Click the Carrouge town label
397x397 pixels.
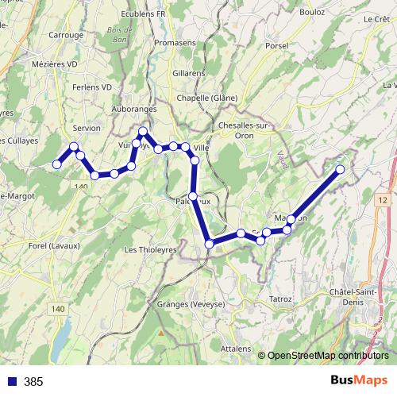tap(65, 35)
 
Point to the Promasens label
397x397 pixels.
tap(175, 42)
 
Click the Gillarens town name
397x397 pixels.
tap(188, 72)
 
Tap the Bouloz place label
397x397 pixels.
tap(313, 12)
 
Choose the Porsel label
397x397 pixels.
tap(277, 46)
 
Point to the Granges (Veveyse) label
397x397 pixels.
tap(191, 305)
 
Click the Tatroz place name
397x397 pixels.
tap(281, 299)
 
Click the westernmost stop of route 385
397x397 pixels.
tap(57, 164)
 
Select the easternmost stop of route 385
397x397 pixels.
tap(340, 169)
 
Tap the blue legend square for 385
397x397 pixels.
tap(11, 382)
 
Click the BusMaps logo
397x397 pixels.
tap(359, 380)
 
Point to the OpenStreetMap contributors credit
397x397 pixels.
tap(329, 355)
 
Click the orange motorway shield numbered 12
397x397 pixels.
tap(384, 198)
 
